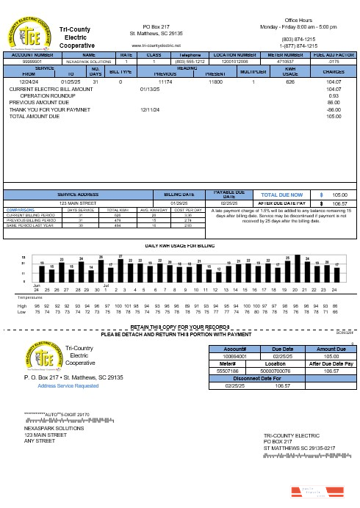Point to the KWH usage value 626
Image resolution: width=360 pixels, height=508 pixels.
[290, 82]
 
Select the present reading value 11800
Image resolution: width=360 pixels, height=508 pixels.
[215, 82]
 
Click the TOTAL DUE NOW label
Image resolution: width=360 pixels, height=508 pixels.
[276, 195]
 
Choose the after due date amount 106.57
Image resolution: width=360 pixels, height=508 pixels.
[339, 203]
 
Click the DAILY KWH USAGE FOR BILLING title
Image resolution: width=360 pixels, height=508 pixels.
[179, 245]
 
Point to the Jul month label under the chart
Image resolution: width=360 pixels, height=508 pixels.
[107, 284]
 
